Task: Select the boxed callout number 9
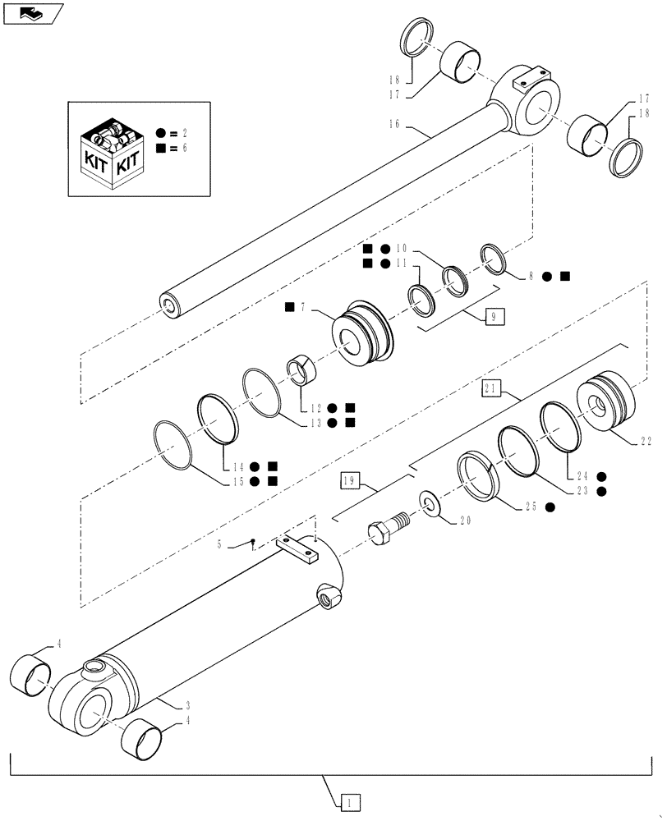point(494,315)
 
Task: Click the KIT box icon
point(112,149)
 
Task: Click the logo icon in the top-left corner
point(30,12)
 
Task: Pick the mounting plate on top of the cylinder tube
point(297,549)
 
